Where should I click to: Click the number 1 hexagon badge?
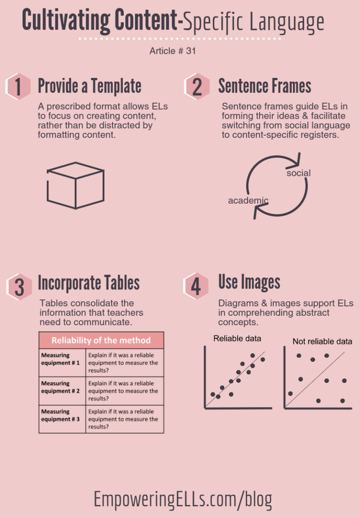(18, 87)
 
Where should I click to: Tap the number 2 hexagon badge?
(197, 87)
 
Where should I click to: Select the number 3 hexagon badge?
(19, 286)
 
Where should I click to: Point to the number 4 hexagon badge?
(195, 286)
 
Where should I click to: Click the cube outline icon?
(75, 185)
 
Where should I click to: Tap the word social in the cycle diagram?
(298, 173)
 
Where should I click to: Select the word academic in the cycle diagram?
(248, 201)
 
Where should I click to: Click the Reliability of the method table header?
(101, 340)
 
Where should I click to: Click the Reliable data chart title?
(237, 338)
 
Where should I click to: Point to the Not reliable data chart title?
(322, 342)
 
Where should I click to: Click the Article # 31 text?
(172, 51)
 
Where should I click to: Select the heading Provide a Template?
(90, 86)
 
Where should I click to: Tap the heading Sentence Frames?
(264, 86)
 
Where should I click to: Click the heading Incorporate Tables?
(89, 283)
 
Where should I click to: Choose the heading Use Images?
(249, 282)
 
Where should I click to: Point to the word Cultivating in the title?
(64, 21)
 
